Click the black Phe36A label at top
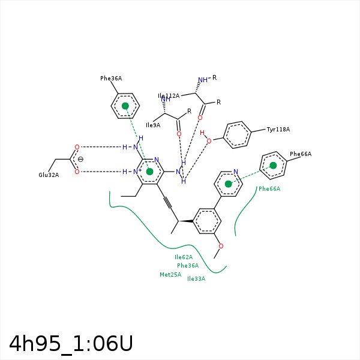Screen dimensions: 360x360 click(x=111, y=79)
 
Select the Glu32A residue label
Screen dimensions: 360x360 click(x=49, y=175)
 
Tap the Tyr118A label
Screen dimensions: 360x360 click(x=278, y=130)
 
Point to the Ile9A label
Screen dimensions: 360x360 click(x=153, y=125)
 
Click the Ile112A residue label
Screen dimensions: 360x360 click(x=169, y=96)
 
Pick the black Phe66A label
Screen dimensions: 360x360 click(x=301, y=154)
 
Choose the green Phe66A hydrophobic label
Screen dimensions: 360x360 click(x=269, y=189)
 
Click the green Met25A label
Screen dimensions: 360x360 click(x=170, y=275)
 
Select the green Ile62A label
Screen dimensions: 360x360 click(x=184, y=257)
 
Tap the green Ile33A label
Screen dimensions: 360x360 click(x=196, y=279)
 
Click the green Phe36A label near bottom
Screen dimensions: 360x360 click(x=188, y=266)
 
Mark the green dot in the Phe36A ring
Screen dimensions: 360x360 click(x=125, y=106)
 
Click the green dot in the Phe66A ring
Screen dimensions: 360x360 click(x=273, y=166)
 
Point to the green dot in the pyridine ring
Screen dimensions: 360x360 click(x=229, y=184)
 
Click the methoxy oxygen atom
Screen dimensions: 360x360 click(x=221, y=246)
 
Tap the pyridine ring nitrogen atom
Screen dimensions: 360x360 click(x=236, y=172)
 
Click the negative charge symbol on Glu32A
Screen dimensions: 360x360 click(x=80, y=159)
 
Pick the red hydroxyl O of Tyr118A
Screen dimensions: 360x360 click(x=209, y=141)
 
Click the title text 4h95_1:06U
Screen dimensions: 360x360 click(x=71, y=344)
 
